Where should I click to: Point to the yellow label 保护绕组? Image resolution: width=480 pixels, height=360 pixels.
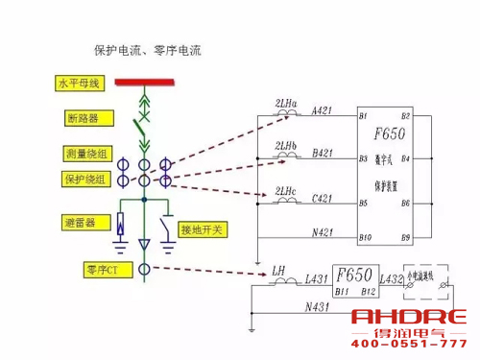(x=80, y=180)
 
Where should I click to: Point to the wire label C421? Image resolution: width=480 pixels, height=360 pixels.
(x=324, y=197)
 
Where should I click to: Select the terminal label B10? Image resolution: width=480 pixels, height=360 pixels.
(x=365, y=236)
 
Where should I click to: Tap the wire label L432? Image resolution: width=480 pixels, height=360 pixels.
(x=393, y=278)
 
